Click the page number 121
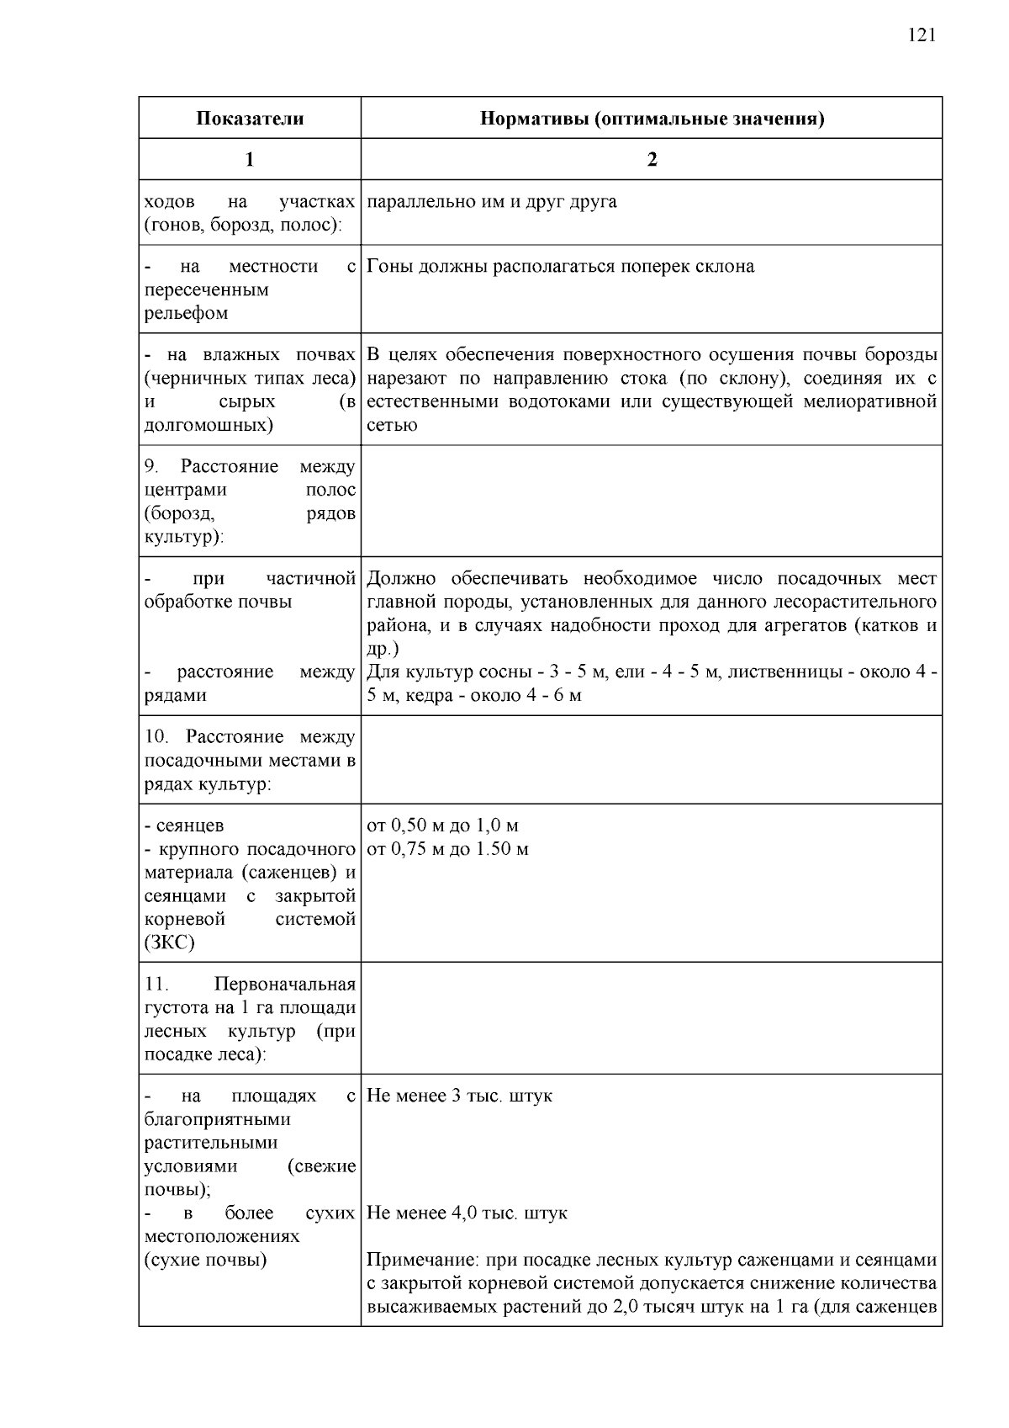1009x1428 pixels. (x=922, y=35)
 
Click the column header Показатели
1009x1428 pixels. (x=250, y=119)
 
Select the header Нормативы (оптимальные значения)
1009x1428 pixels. (x=652, y=119)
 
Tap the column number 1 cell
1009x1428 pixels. (x=250, y=160)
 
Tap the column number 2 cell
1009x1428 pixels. (x=652, y=160)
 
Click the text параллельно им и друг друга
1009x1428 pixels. (x=492, y=202)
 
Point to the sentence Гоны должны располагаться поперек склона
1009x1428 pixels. (x=561, y=267)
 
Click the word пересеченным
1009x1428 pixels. (x=207, y=290)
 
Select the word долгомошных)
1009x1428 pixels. (x=209, y=425)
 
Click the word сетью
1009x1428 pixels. (x=392, y=425)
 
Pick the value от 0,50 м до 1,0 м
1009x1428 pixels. (x=442, y=825)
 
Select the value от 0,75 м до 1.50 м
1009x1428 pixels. (x=447, y=849)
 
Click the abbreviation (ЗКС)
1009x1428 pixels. (x=170, y=942)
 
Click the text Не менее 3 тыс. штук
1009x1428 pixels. (x=459, y=1096)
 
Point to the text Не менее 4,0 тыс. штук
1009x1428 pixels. (x=467, y=1213)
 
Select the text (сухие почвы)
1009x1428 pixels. (x=206, y=1261)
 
